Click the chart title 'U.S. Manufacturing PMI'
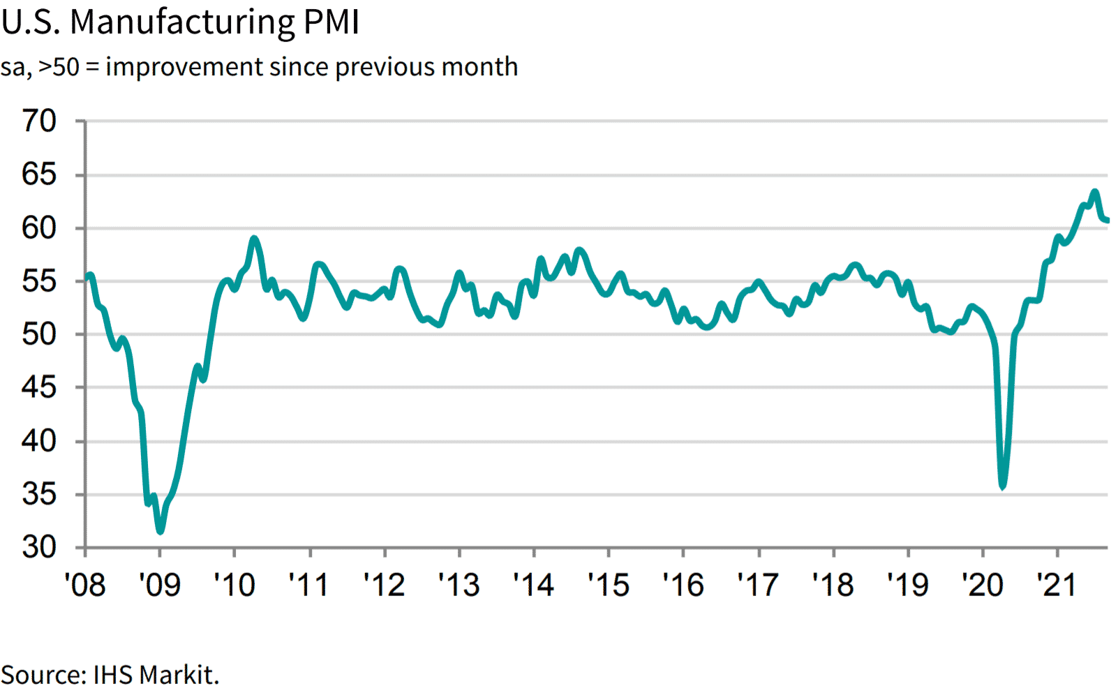coord(180,22)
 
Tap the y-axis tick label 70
coord(39,121)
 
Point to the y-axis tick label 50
coord(39,334)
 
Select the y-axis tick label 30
coord(39,548)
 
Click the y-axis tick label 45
coord(39,387)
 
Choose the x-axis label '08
coord(85,585)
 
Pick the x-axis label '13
coord(459,585)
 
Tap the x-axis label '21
coord(1057,585)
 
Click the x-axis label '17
coord(758,585)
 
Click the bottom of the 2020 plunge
coord(1003,486)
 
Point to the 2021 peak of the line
coord(1094,192)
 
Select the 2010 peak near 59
coord(254,239)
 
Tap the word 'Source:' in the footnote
coord(43,675)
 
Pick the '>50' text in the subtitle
coord(59,67)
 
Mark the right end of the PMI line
coord(1108,221)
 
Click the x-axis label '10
coord(234,585)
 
